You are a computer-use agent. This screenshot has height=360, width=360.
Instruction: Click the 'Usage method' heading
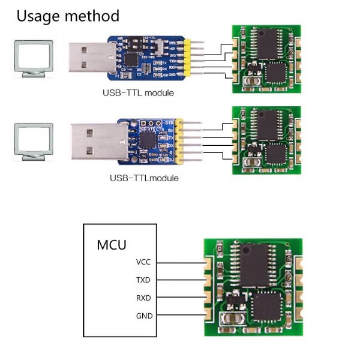[68, 16]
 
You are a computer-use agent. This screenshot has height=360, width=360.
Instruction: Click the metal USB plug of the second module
[94, 141]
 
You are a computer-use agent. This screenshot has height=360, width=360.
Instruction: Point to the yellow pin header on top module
[188, 59]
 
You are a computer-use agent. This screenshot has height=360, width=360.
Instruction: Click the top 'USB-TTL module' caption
[138, 93]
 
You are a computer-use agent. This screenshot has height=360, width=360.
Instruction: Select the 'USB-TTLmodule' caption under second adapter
[144, 178]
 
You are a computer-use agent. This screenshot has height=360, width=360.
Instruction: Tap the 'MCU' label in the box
[112, 245]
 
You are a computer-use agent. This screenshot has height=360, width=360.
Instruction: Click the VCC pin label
[144, 262]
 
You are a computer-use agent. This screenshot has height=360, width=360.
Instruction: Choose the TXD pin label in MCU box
[144, 280]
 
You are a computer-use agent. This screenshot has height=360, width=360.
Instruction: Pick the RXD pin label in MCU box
[144, 298]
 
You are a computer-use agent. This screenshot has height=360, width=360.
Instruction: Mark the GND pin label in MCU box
[144, 316]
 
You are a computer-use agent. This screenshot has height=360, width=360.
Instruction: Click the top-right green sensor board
[265, 58]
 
